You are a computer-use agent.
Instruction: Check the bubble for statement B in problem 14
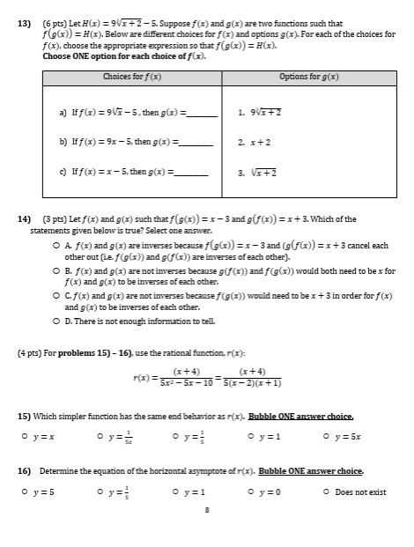coord(56,270)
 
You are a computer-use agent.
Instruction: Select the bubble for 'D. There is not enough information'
coord(56,322)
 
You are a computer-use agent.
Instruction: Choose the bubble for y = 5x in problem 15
coord(327,432)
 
